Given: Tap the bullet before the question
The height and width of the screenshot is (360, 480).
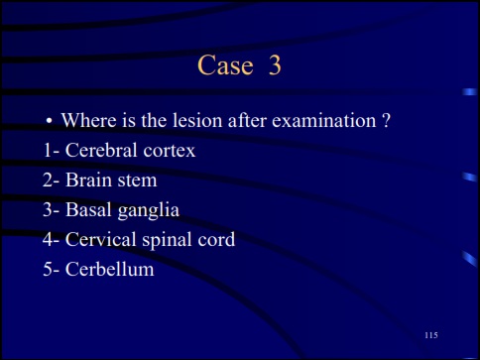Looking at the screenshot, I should point(48,122).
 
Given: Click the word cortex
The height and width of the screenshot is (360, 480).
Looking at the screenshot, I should point(168,151).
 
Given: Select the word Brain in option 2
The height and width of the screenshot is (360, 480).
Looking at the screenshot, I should point(90,180).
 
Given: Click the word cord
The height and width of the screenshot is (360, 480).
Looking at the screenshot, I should point(216,239).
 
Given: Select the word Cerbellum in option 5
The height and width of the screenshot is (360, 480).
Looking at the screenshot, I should point(110,268).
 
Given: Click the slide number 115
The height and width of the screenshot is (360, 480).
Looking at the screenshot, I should point(430,336).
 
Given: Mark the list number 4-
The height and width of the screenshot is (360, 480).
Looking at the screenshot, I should point(51,239).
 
